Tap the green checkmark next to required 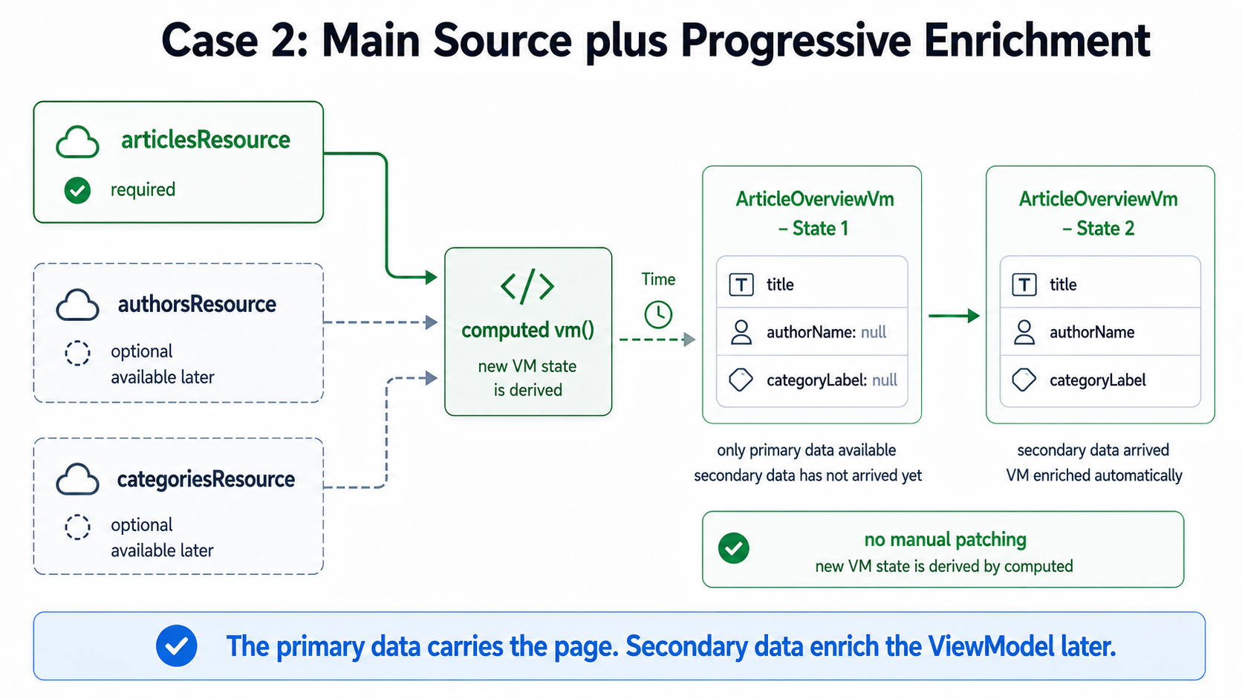point(77,190)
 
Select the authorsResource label point(197,304)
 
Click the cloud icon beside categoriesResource point(77,479)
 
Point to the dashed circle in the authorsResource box point(77,353)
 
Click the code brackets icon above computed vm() point(527,287)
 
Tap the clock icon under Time point(658,315)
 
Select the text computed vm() point(528,331)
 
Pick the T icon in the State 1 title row point(741,285)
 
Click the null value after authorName point(874,332)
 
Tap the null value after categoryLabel point(885,380)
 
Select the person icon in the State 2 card point(1024,333)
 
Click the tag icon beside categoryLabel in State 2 point(1024,380)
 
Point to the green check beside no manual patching point(734,548)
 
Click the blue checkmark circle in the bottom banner point(176,646)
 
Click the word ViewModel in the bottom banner point(990,646)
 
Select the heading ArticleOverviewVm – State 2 point(1098,213)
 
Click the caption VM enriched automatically point(1094,475)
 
